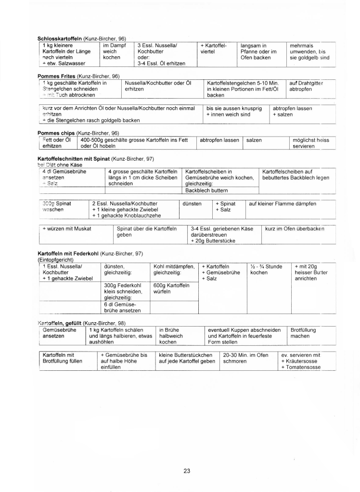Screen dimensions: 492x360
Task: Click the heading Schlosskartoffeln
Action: pos(60,38)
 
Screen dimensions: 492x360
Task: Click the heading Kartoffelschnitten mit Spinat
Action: pos(74,158)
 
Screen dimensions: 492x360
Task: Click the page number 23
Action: pos(187,470)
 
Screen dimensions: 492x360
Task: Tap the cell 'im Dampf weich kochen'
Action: pos(116,51)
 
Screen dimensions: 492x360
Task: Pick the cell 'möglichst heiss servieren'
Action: pos(311,143)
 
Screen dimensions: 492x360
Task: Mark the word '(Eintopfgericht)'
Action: pos(55,260)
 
